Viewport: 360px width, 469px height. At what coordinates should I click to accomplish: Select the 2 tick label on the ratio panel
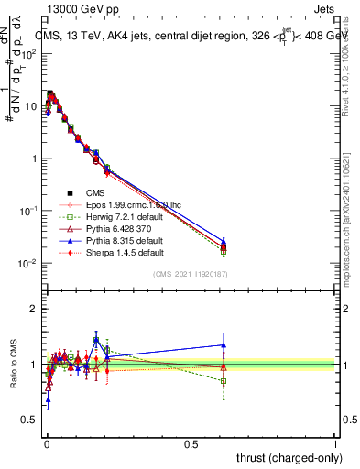32,309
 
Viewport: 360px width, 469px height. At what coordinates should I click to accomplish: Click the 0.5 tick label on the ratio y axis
27,420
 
